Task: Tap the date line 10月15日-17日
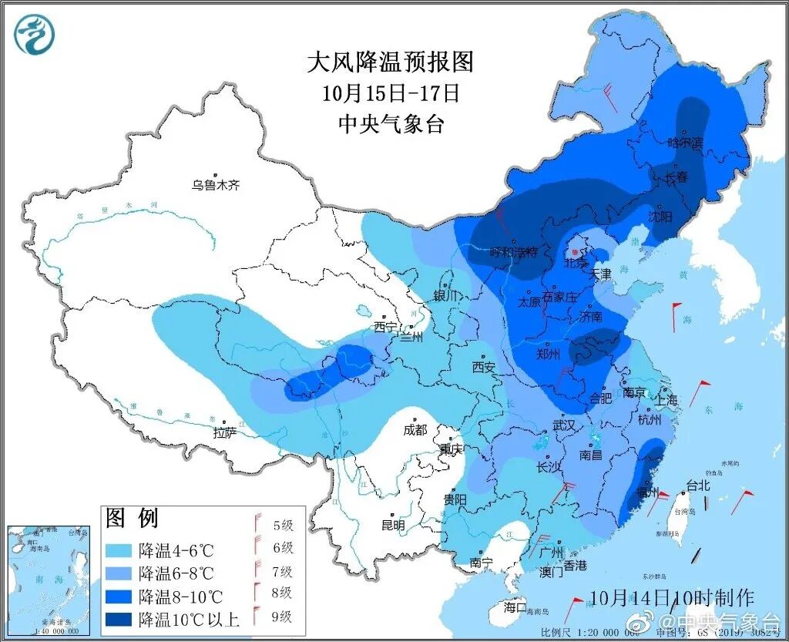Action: [x=391, y=93]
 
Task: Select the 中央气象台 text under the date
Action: [x=391, y=123]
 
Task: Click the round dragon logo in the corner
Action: [x=35, y=35]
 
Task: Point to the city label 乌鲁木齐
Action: [x=216, y=185]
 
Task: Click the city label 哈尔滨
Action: [x=685, y=143]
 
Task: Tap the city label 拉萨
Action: [x=224, y=432]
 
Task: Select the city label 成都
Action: [x=415, y=430]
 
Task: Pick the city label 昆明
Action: [x=393, y=526]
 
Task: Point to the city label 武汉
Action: [x=564, y=425]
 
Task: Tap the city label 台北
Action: [x=697, y=486]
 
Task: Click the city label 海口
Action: [x=515, y=607]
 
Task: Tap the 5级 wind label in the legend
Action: [x=283, y=526]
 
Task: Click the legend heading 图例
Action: [x=131, y=517]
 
